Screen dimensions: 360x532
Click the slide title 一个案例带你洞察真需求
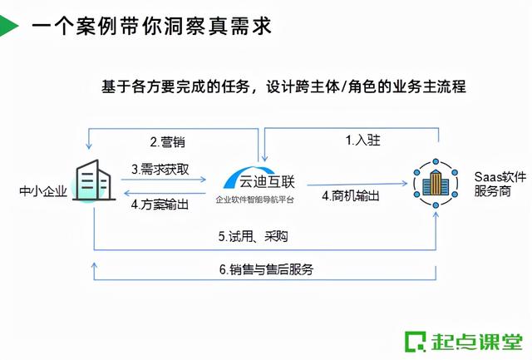150,26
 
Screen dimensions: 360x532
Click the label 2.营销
167,141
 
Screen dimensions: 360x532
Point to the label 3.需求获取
159,168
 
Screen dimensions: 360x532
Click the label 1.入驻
363,141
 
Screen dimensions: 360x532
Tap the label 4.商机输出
350,196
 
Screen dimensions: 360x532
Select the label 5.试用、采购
254,236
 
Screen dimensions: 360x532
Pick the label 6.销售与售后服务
266,270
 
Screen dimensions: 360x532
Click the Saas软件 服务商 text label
499,183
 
